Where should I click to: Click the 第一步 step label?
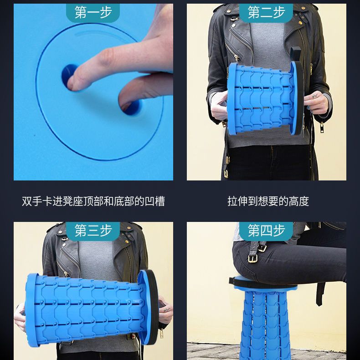93,12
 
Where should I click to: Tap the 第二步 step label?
266,12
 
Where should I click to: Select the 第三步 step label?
93,230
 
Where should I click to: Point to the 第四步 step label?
266,230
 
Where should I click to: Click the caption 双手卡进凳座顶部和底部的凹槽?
93,201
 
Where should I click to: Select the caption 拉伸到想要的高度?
268,201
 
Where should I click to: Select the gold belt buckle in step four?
252,259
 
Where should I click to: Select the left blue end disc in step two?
232,99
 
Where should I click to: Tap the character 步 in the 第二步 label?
279,12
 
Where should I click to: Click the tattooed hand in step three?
165,310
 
